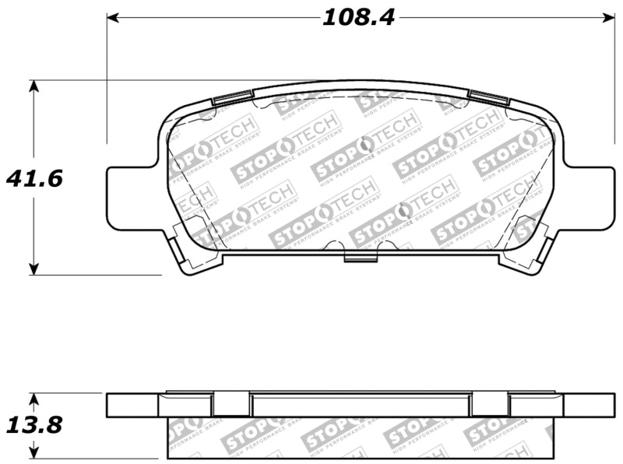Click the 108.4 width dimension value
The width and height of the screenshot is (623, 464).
point(358,17)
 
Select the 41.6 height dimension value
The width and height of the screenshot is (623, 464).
point(34,178)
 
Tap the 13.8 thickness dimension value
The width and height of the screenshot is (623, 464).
point(34,425)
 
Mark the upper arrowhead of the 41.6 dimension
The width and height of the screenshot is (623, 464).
point(33,86)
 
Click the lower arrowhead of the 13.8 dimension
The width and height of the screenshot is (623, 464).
point(33,451)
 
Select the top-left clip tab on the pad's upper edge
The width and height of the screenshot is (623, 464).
point(232,98)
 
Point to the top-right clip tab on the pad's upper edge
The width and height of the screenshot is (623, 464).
point(489,98)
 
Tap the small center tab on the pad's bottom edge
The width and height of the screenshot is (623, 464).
point(359,258)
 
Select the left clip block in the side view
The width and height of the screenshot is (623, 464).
point(232,404)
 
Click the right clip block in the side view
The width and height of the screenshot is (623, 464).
point(490,404)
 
